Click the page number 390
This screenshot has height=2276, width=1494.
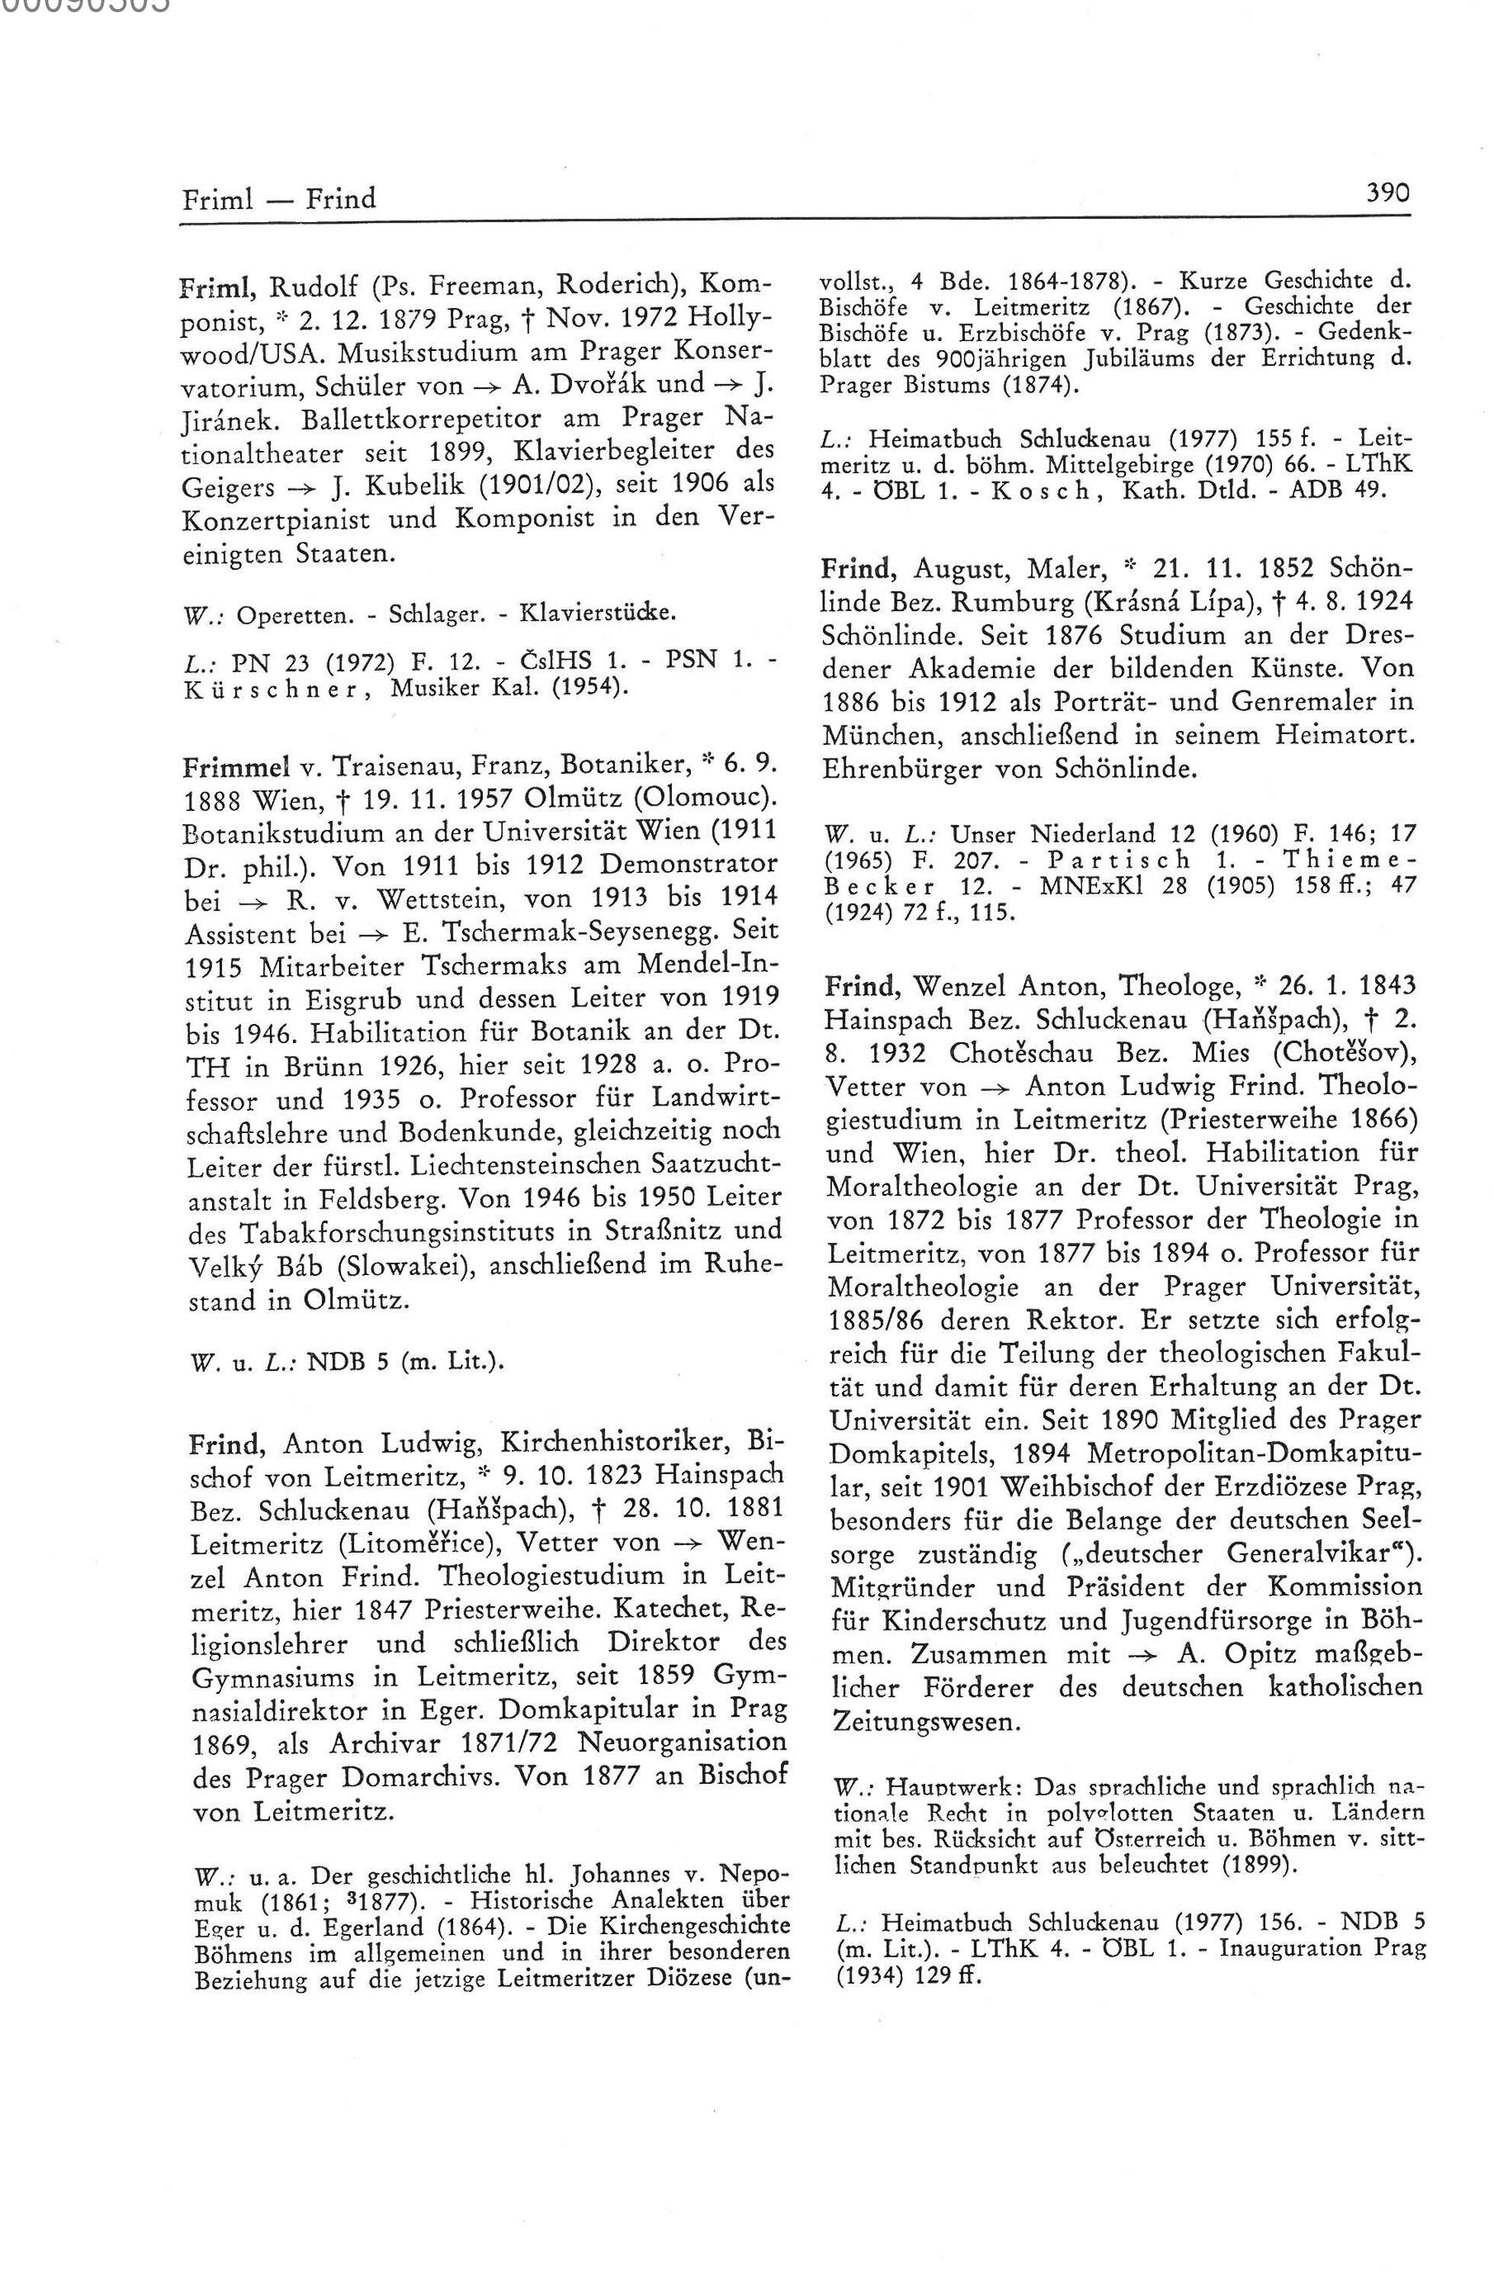(x=1388, y=193)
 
